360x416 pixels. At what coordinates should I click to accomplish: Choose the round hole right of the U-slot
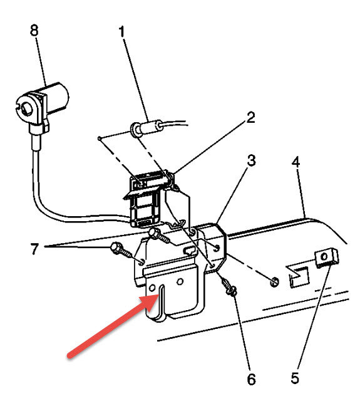coord(180,282)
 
